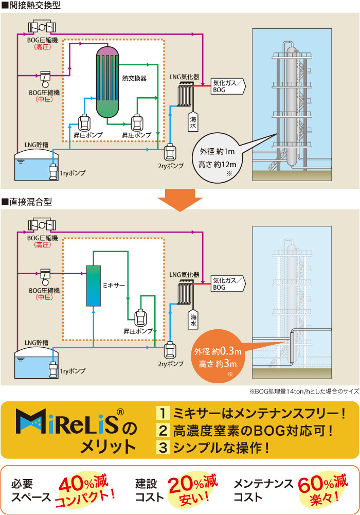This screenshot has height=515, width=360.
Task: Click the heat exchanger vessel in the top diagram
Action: click(107, 82)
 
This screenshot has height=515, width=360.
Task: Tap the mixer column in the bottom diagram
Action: click(93, 286)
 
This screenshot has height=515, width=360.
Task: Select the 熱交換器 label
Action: click(134, 78)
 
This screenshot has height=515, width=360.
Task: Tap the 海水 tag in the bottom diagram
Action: click(193, 322)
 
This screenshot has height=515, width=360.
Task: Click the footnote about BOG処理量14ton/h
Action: click(303, 392)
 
